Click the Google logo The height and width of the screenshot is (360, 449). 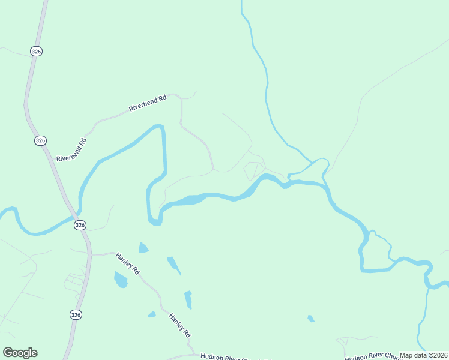(x=20, y=353)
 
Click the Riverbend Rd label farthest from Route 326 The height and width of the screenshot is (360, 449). (x=147, y=104)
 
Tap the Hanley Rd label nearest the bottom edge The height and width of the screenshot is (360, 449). (x=179, y=325)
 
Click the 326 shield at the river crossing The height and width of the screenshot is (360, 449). (x=80, y=225)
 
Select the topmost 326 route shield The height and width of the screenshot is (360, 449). (x=37, y=52)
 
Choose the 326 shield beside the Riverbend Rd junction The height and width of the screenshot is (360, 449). (x=40, y=140)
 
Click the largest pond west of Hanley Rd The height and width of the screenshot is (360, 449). (x=121, y=279)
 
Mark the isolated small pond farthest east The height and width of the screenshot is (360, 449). (x=311, y=319)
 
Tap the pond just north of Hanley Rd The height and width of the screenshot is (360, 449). (x=143, y=247)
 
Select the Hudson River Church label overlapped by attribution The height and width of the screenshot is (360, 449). (x=372, y=355)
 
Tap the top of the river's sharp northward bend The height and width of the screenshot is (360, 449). (x=159, y=125)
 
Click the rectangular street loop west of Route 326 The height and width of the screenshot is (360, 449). (x=74, y=280)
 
